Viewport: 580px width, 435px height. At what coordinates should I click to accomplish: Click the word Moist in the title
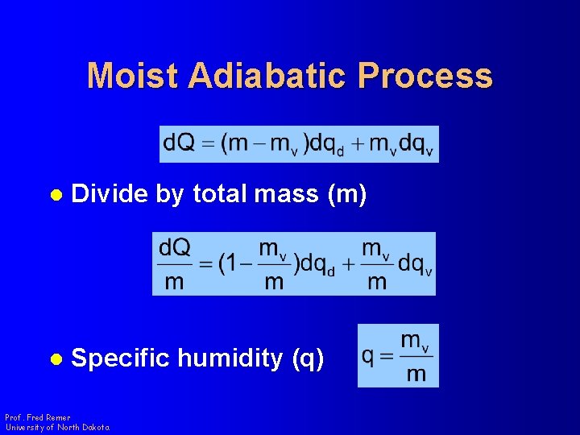tap(132, 76)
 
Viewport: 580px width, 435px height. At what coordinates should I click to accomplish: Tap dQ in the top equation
tap(179, 143)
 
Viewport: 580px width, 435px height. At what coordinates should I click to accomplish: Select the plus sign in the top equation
tap(354, 143)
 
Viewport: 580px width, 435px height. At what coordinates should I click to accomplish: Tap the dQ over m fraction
tap(175, 263)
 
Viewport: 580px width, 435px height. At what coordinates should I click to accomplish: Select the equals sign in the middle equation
tap(205, 264)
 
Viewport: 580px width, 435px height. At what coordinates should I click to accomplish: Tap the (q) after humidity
tap(308, 358)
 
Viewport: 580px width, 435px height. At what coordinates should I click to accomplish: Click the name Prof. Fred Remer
tap(37, 417)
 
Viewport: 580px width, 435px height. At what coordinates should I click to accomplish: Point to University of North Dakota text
tap(56, 427)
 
